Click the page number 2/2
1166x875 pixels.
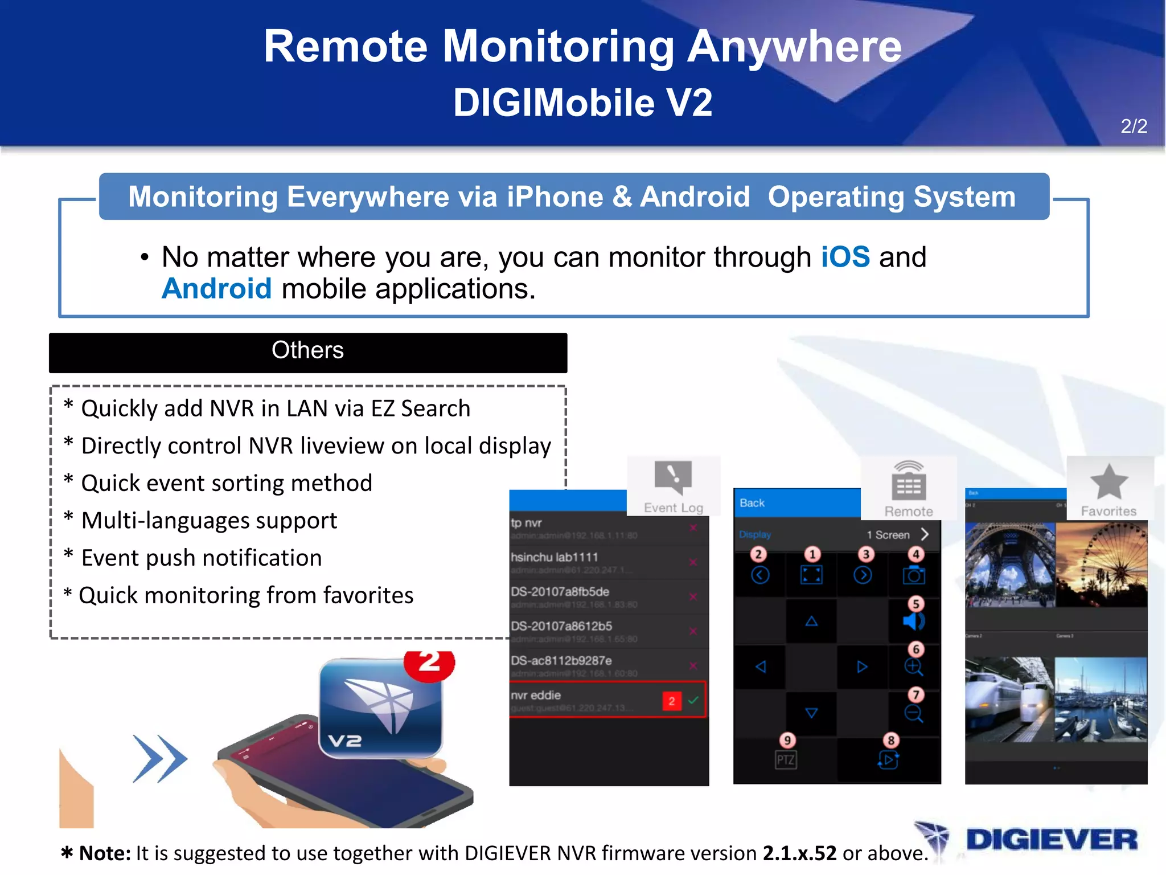click(1134, 126)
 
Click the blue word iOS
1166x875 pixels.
click(845, 257)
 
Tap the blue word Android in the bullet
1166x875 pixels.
click(216, 289)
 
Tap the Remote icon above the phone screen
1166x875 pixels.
click(909, 481)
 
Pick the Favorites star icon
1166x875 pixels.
click(1108, 482)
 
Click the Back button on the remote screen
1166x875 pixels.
click(752, 503)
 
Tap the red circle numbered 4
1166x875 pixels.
click(915, 554)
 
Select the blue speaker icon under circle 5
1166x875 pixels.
click(913, 621)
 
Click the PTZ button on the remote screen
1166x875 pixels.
click(786, 759)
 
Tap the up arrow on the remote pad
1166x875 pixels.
click(811, 621)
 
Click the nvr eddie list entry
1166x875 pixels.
click(607, 700)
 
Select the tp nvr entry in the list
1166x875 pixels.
click(607, 528)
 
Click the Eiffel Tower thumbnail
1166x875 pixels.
click(1009, 565)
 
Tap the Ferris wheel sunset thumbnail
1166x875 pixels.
click(1101, 565)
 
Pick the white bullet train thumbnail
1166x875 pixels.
click(1009, 700)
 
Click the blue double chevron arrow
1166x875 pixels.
click(159, 758)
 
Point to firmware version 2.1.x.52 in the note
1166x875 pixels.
click(799, 853)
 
